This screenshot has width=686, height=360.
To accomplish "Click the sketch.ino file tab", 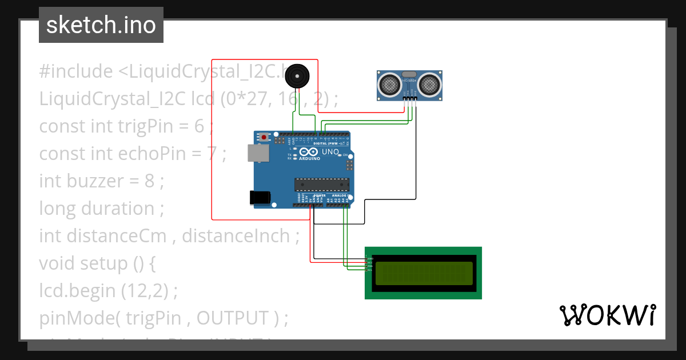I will tap(101, 25).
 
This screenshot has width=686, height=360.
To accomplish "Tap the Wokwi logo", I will tap(607, 315).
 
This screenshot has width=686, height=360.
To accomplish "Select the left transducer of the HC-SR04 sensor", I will tap(390, 85).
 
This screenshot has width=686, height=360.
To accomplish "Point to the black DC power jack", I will tap(260, 197).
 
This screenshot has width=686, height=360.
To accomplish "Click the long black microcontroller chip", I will tap(321, 184).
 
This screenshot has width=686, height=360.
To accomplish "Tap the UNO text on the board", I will tap(331, 153).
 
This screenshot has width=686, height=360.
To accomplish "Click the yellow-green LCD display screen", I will tap(424, 273).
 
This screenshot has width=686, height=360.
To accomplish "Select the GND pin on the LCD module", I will tap(369, 259).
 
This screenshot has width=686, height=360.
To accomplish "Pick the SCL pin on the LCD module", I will tap(369, 269).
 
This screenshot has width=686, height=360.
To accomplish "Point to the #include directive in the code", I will tap(76, 71).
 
